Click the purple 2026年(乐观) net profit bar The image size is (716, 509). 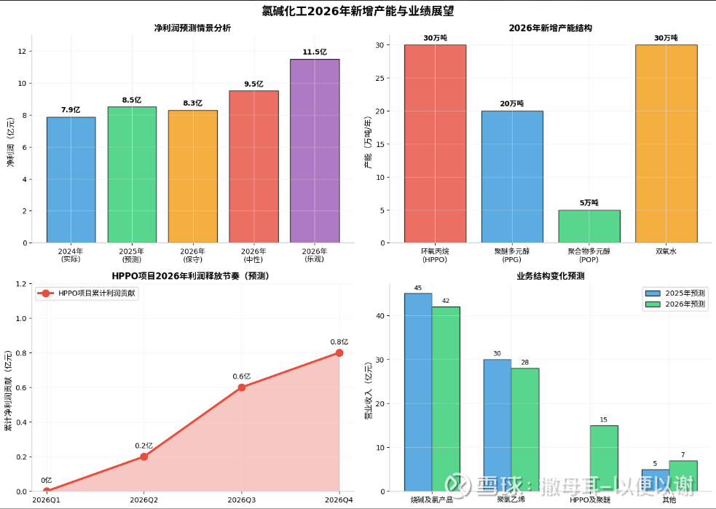pyautogui.click(x=315, y=151)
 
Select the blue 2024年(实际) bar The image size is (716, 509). pyautogui.click(x=71, y=180)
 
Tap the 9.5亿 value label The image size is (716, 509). pyautogui.click(x=253, y=84)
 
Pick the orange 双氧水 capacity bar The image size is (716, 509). pyautogui.click(x=666, y=143)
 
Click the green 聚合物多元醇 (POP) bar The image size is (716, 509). pyautogui.click(x=589, y=226)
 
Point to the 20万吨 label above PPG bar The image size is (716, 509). pyautogui.click(x=511, y=103)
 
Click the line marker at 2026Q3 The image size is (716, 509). pyautogui.click(x=242, y=387)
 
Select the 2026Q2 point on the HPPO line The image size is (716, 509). pyautogui.click(x=144, y=457)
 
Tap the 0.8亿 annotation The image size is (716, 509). pyautogui.click(x=339, y=342)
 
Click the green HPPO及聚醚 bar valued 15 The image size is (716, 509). pyautogui.click(x=604, y=458)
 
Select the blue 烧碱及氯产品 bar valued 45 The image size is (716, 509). pyautogui.click(x=418, y=392)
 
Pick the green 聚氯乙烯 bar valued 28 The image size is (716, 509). pyautogui.click(x=525, y=430)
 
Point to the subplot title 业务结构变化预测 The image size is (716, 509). pyautogui.click(x=550, y=277)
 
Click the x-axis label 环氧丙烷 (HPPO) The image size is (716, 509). pyautogui.click(x=435, y=255)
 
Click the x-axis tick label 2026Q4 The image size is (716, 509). pyautogui.click(x=339, y=500)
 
